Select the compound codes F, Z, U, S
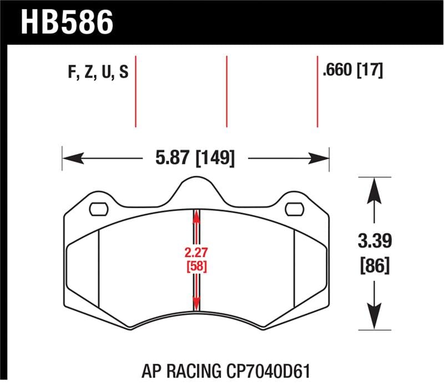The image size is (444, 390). (x=97, y=73)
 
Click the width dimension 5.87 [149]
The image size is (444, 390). (x=194, y=158)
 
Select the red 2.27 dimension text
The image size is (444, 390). (x=195, y=252)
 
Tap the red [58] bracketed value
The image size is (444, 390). (x=195, y=266)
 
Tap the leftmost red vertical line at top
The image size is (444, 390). (x=135, y=92)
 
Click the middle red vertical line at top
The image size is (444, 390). (x=226, y=92)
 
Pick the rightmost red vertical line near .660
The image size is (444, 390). (x=317, y=92)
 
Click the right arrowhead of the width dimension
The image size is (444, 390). (x=321, y=158)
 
